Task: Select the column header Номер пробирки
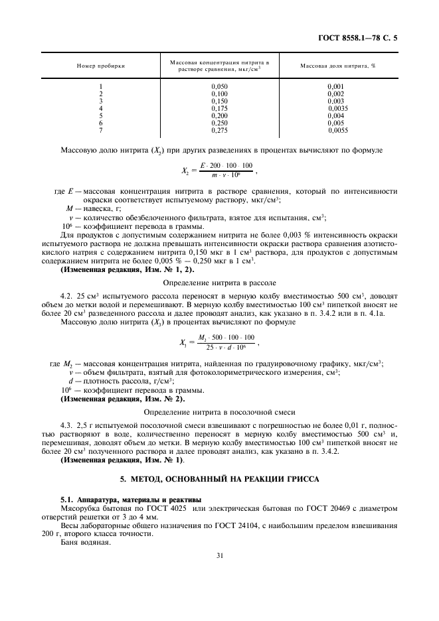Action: point(100,66)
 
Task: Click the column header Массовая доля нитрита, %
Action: point(338,66)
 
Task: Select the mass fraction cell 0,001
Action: point(336,86)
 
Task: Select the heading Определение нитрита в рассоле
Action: point(220,281)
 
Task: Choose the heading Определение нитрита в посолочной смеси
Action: point(220,412)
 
